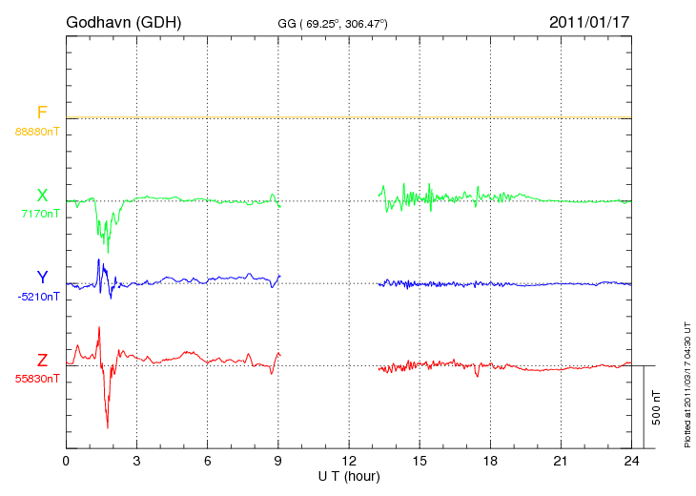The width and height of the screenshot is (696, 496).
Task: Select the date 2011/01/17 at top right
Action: click(590, 21)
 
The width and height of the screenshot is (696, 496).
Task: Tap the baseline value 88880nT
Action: click(37, 130)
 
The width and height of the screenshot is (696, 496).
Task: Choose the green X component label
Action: click(42, 196)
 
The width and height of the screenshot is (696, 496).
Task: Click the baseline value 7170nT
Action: click(40, 213)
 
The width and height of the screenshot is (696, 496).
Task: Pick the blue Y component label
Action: click(42, 278)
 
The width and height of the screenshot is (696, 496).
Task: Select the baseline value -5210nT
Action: click(38, 296)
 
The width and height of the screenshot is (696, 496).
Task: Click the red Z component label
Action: click(42, 361)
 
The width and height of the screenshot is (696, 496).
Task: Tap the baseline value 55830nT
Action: click(37, 379)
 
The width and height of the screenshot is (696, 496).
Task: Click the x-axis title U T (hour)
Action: click(349, 476)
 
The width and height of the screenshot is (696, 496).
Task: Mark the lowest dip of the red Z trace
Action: click(108, 427)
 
